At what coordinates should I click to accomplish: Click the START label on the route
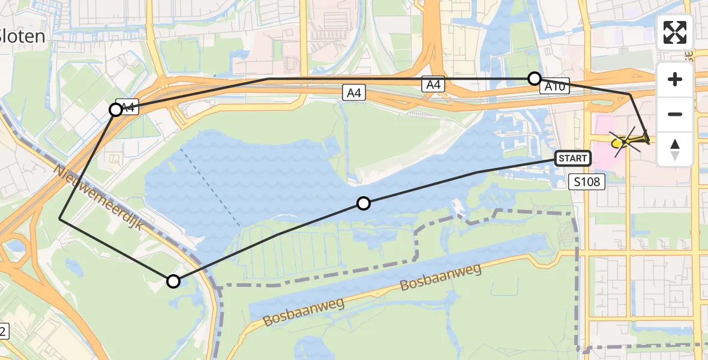(573, 158)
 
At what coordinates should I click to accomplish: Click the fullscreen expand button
(675, 32)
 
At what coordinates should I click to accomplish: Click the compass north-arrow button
(675, 149)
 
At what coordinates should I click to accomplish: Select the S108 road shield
(586, 181)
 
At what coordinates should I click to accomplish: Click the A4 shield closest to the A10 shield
(433, 85)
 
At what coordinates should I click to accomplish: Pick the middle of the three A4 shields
(354, 92)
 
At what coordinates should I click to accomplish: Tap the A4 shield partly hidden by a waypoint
(127, 107)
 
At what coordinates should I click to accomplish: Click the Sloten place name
(22, 37)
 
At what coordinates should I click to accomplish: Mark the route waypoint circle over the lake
(363, 203)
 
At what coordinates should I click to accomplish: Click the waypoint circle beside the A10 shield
(534, 78)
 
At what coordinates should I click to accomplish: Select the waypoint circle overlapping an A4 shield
(116, 110)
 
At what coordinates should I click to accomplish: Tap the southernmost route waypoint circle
(173, 281)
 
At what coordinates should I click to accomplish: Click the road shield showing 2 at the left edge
(3, 330)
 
